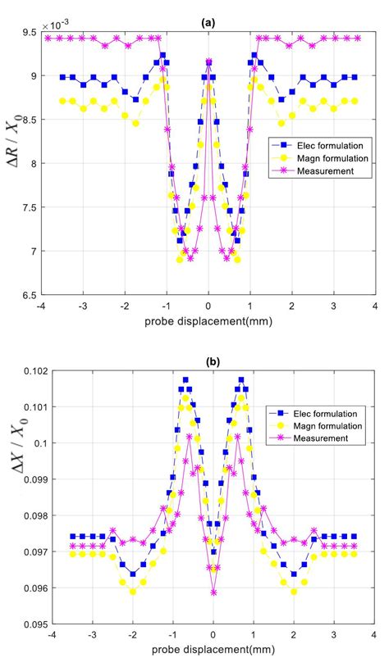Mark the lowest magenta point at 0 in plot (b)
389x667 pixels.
tap(213, 592)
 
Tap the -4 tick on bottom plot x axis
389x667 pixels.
tap(51, 634)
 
